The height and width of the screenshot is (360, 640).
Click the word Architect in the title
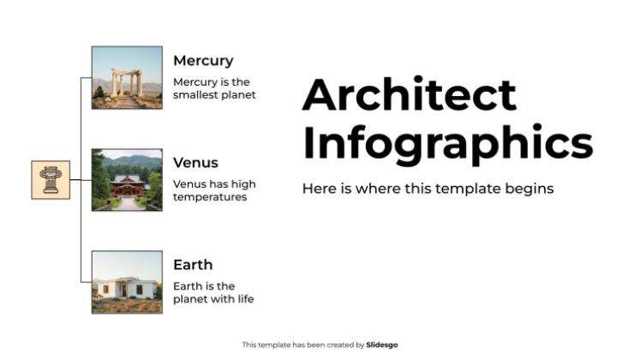[x=410, y=95]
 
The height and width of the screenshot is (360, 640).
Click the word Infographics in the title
[x=447, y=143]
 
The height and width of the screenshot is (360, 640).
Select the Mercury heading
[x=203, y=61]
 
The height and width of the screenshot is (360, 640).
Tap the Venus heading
[x=195, y=163]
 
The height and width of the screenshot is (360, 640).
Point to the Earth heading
[x=193, y=265]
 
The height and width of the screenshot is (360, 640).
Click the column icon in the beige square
[x=51, y=180]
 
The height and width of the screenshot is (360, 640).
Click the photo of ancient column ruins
[x=127, y=78]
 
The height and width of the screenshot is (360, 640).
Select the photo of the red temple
[x=127, y=180]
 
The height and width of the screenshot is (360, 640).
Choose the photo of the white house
[x=127, y=282]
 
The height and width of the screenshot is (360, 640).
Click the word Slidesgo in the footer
[x=382, y=345]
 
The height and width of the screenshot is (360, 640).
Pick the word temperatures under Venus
[x=210, y=197]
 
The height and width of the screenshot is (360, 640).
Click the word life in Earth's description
[x=245, y=299]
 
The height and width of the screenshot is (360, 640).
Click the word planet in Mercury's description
[x=237, y=95]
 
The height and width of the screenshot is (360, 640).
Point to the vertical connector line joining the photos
[x=81, y=129]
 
